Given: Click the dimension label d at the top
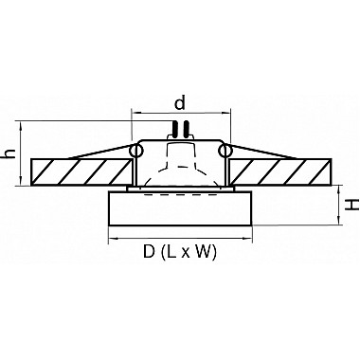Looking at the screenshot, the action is [180, 103].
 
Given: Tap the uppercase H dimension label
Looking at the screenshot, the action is [351, 205].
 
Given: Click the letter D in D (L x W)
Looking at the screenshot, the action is [149, 252].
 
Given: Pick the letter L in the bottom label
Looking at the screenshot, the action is [171, 252].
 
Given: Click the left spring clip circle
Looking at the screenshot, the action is [136, 151].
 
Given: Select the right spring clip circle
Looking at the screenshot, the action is [225, 151].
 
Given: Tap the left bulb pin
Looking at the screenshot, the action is [174, 129].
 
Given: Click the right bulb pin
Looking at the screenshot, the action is [187, 129].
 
